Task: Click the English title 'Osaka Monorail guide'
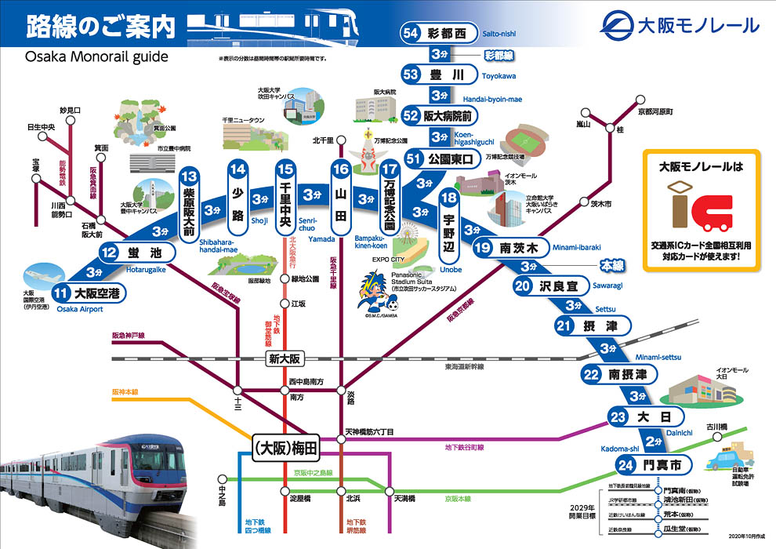96,57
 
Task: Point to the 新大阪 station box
284,358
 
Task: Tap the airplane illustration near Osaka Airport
47,274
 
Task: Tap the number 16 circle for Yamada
339,169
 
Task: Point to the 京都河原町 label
655,112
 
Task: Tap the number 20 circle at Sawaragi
524,286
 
